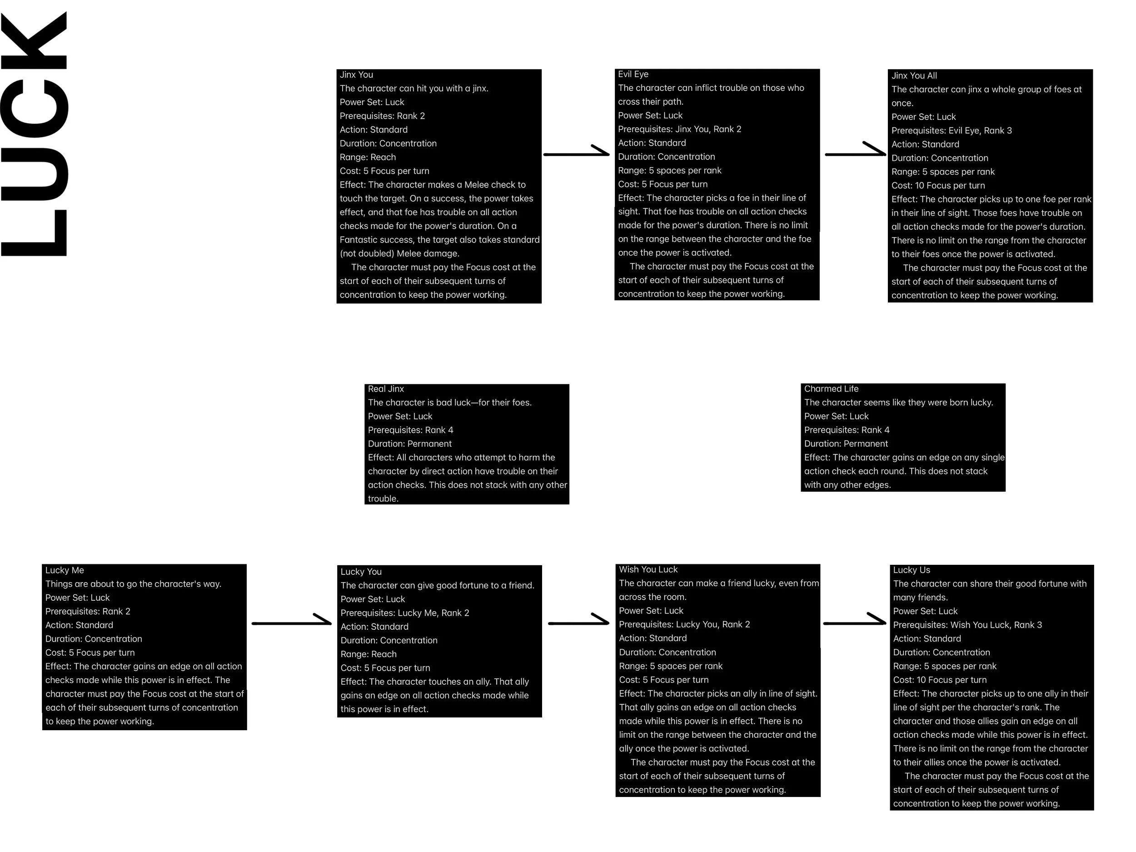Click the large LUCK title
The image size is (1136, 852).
[35, 134]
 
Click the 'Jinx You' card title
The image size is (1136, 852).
[356, 75]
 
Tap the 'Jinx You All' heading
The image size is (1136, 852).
[914, 76]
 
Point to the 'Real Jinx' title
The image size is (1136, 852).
[386, 389]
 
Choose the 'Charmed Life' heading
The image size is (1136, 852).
[831, 389]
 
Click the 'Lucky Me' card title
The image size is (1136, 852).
[64, 571]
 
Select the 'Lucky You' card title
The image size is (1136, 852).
[361, 572]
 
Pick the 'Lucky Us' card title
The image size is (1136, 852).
[912, 571]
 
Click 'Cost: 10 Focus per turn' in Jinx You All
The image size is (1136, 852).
[938, 186]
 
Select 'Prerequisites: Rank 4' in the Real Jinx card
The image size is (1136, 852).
[410, 430]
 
